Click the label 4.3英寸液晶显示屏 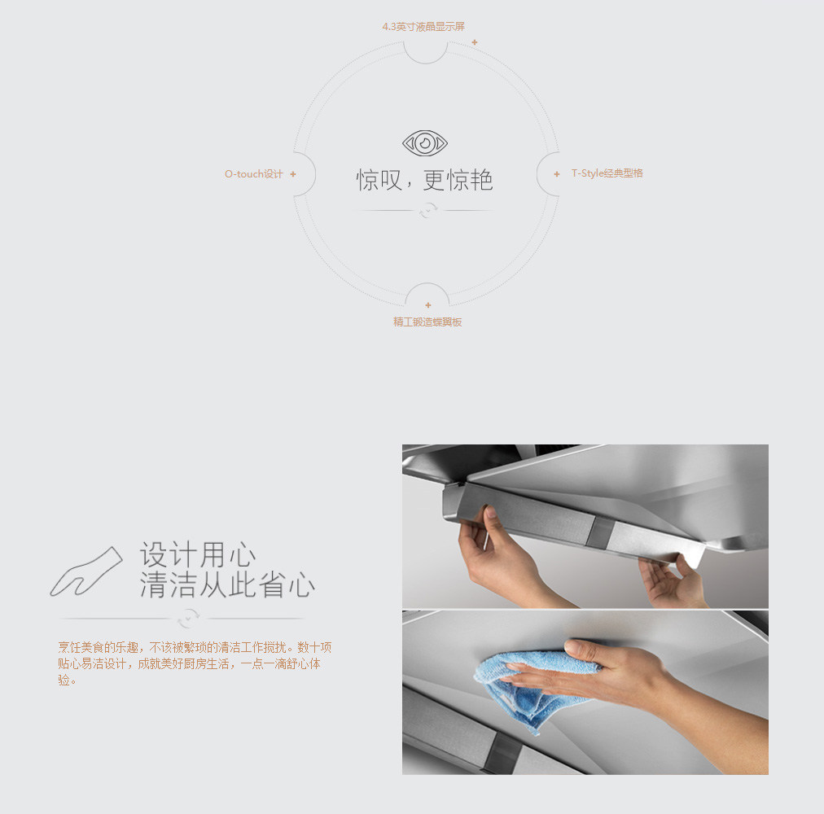coord(423,27)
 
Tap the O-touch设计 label coord(254,174)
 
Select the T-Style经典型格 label coord(607,173)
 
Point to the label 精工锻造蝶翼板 coord(427,322)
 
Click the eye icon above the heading coord(424,143)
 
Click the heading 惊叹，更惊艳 coord(424,180)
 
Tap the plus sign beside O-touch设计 coord(293,174)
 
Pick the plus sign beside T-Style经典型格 coord(557,174)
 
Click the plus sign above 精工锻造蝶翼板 coord(428,304)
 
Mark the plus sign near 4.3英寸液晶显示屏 coord(475,42)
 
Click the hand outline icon coord(86,571)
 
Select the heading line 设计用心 coord(198,554)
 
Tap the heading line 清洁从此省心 coord(227,584)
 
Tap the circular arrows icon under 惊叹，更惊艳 coord(428,211)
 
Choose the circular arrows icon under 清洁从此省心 coord(188,619)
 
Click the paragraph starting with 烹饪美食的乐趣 coord(195,663)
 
